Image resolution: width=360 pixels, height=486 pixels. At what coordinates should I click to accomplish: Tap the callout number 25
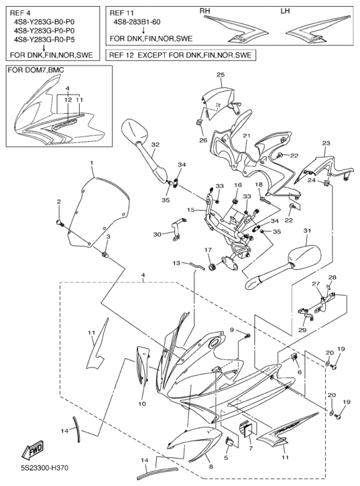[x=221, y=75]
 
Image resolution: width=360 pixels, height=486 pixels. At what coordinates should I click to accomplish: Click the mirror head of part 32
[x=134, y=131]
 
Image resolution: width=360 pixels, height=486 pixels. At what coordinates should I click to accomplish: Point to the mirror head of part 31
[x=305, y=257]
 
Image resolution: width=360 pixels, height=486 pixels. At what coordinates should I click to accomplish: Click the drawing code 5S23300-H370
[x=44, y=467]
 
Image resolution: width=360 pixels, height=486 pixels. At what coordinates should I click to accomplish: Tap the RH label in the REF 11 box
[x=204, y=11]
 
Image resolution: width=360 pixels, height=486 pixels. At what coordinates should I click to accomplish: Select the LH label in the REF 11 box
[x=285, y=11]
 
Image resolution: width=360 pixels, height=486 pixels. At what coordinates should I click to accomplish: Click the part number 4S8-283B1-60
[x=137, y=22]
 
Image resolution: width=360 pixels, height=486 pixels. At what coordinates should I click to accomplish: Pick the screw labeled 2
[x=60, y=222]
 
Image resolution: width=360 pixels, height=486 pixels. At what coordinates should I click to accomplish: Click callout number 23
[x=326, y=143]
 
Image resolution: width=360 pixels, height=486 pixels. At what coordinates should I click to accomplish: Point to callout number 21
[x=246, y=135]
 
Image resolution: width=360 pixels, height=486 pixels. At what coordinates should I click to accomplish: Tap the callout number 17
[x=207, y=250]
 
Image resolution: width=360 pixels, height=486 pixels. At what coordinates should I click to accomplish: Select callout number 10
[x=142, y=404]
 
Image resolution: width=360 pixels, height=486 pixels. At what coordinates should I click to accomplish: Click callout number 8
[x=211, y=467]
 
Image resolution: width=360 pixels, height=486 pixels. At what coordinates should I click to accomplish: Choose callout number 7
[x=251, y=448]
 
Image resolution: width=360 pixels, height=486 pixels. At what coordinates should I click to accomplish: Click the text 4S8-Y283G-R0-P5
[x=44, y=39]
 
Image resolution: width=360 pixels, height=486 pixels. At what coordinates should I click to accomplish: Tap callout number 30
[x=157, y=234]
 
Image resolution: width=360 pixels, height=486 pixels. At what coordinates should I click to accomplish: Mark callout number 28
[x=332, y=278]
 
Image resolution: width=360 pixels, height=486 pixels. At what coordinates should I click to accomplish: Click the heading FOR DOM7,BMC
[x=36, y=70]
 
